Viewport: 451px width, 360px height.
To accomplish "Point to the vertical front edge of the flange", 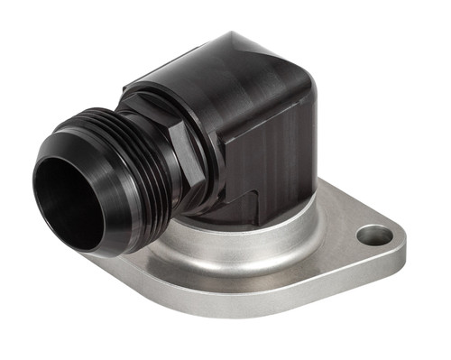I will [271, 302].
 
